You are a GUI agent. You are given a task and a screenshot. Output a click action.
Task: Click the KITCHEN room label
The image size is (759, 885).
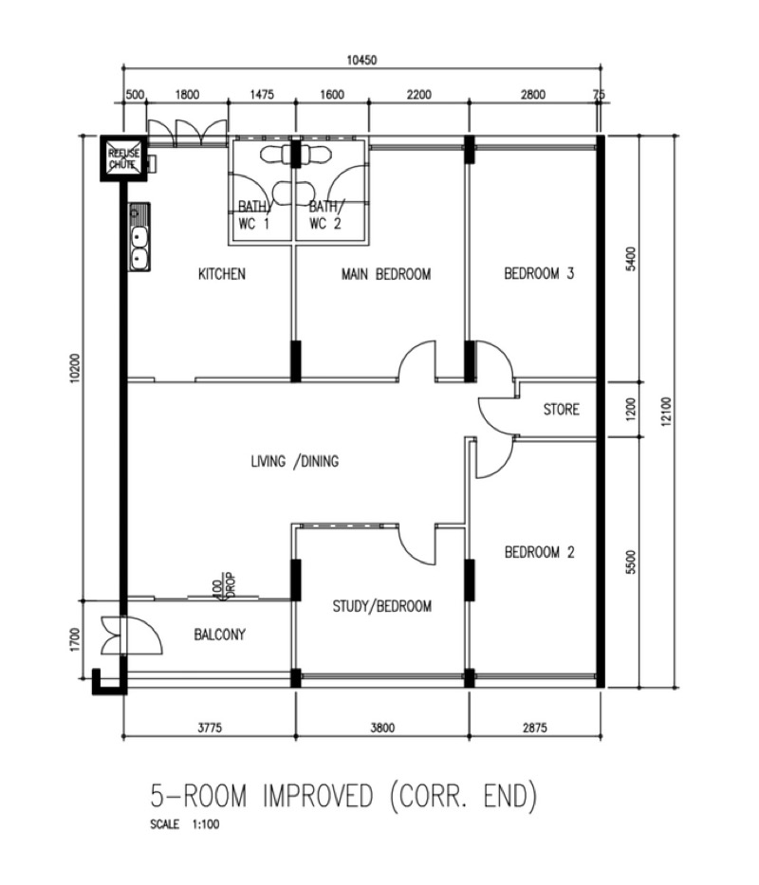point(222,274)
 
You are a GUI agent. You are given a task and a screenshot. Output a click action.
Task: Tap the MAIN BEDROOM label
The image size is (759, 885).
point(386,274)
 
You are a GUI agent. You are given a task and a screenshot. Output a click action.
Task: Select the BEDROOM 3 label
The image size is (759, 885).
point(539,274)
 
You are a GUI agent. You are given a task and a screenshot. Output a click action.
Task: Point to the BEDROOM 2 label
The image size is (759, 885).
point(539,552)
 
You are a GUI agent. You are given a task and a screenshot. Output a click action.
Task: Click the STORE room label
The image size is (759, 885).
point(562,409)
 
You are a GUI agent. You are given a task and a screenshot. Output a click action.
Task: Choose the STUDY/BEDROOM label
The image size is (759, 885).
point(382,606)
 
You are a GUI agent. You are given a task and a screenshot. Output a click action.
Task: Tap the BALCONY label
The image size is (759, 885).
point(220,635)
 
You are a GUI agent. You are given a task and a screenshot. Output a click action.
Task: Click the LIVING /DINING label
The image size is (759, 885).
point(295,462)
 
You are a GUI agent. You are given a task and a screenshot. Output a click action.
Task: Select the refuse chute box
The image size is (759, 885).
point(123,158)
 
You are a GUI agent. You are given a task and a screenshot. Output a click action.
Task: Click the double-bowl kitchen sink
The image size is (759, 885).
point(139,238)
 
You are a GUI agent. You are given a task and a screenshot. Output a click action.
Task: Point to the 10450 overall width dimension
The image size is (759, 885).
point(361,60)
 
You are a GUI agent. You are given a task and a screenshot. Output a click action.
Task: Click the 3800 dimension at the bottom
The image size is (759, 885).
point(382,728)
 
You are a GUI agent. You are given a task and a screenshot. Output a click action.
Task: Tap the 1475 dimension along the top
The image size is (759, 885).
point(262,94)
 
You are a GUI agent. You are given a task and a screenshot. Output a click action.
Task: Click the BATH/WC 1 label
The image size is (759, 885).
point(253,215)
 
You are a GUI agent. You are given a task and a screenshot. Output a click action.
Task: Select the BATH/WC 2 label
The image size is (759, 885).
point(324,215)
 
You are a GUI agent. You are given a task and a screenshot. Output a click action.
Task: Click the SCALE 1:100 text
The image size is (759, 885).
point(185,824)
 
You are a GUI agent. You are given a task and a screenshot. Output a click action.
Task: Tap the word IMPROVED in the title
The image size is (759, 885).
point(318,796)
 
